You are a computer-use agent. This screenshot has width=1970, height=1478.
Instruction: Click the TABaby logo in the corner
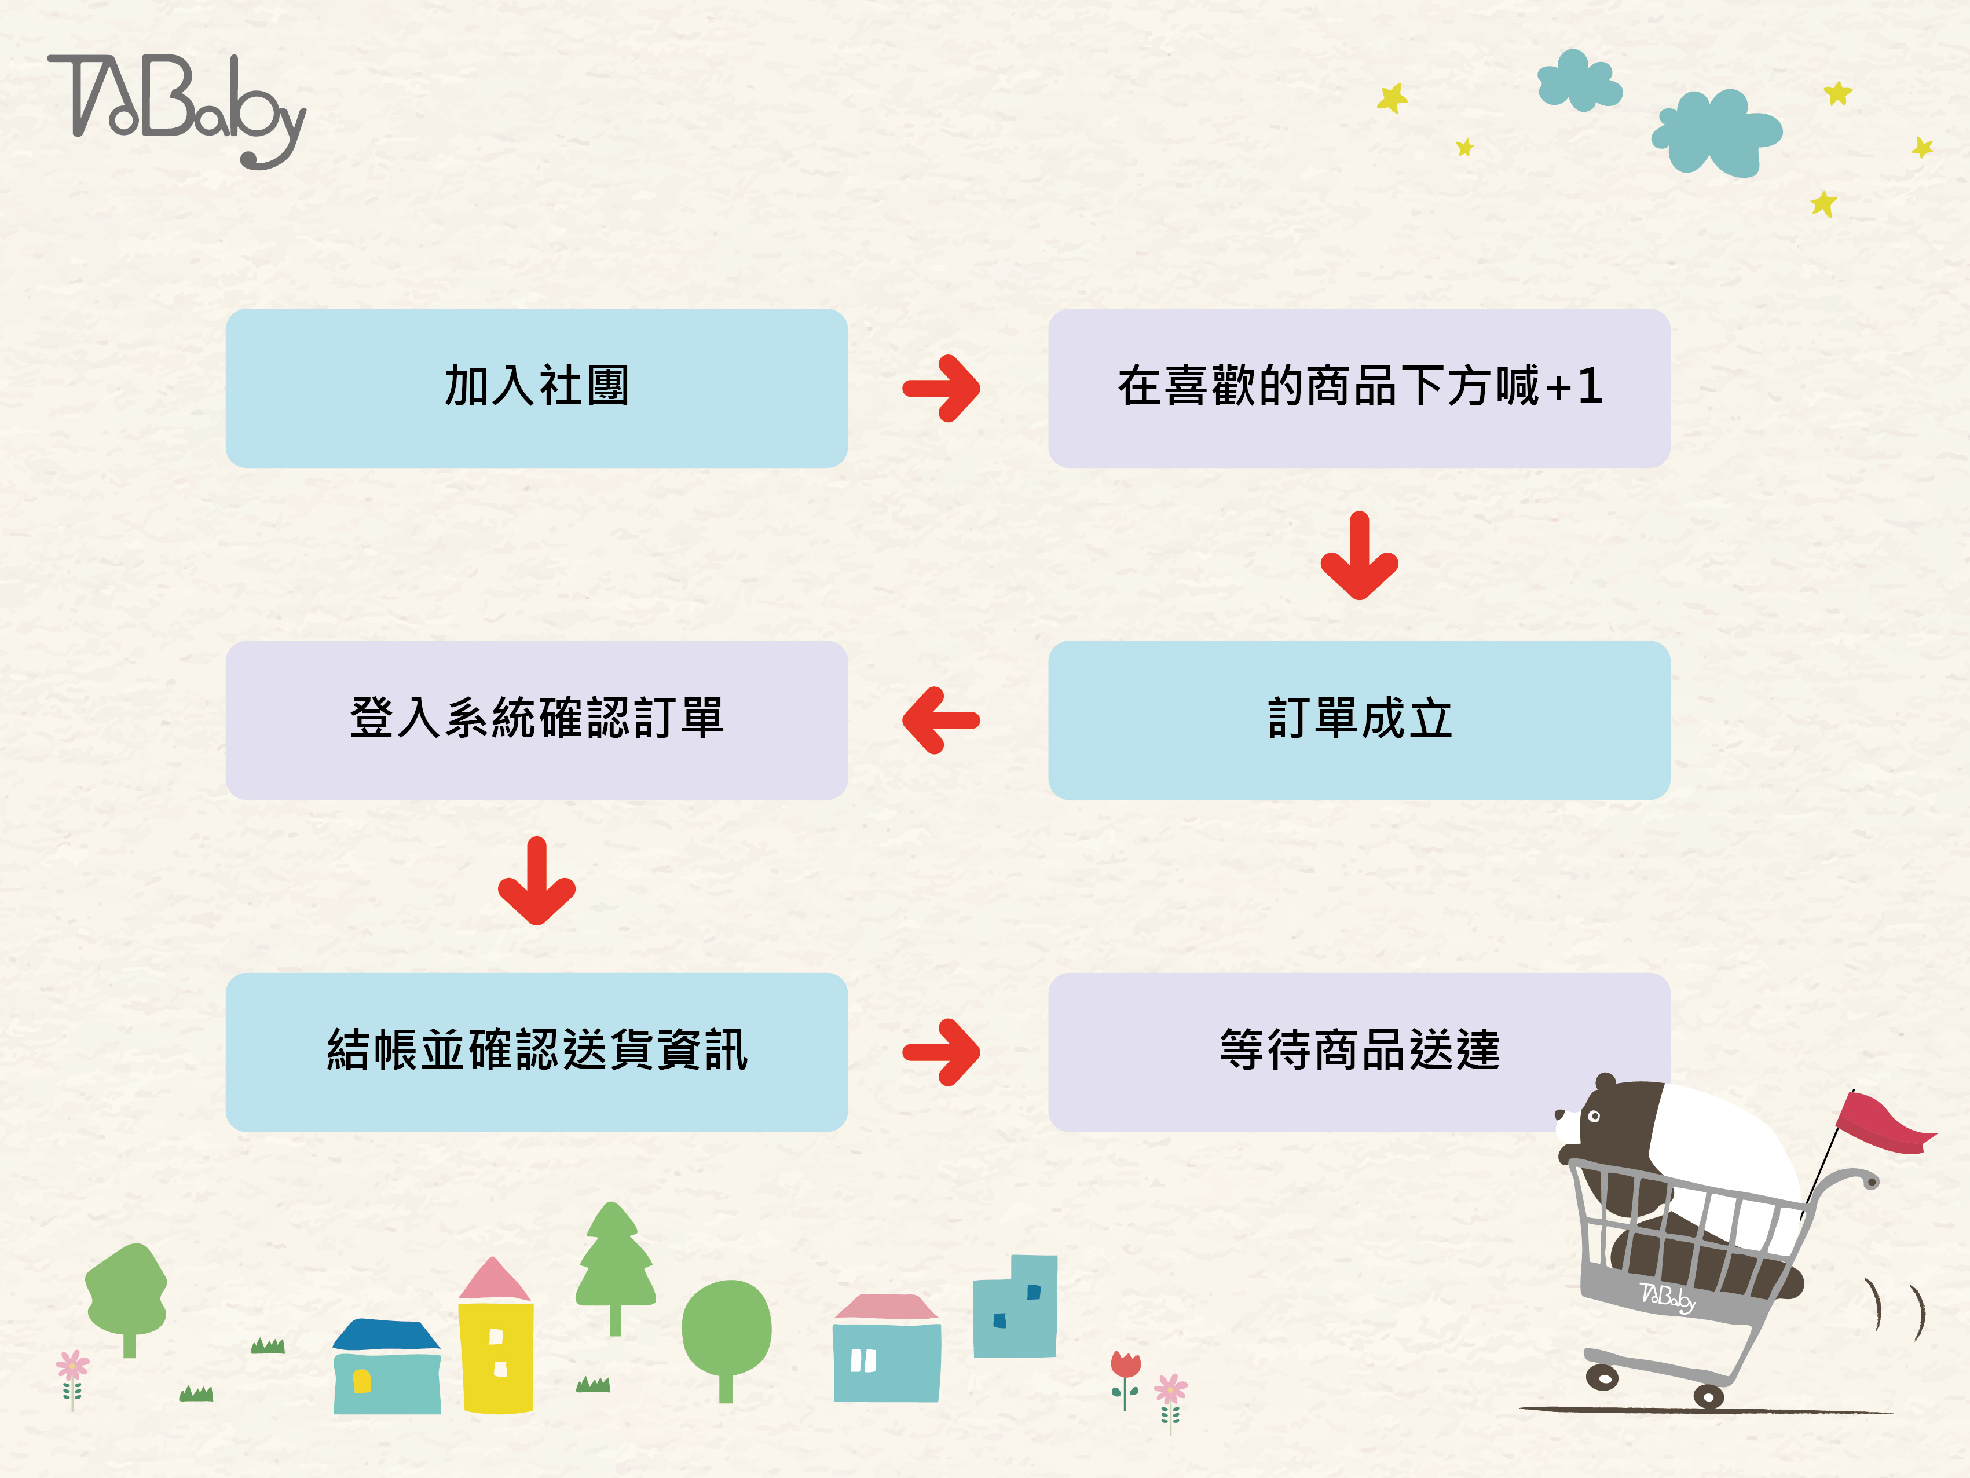point(177,109)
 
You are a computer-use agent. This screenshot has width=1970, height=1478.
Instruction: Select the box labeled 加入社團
point(536,389)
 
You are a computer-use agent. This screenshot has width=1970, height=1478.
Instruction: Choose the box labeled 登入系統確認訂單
point(536,720)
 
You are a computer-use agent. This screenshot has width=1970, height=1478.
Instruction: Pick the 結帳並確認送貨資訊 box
point(536,1051)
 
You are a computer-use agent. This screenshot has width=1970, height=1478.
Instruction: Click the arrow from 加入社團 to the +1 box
point(942,389)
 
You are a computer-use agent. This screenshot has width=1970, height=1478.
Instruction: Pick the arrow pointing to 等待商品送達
point(942,1052)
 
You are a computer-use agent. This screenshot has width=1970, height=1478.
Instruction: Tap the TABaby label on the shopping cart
point(1667,1297)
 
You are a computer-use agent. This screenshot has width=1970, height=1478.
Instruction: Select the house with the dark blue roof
point(386,1367)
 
